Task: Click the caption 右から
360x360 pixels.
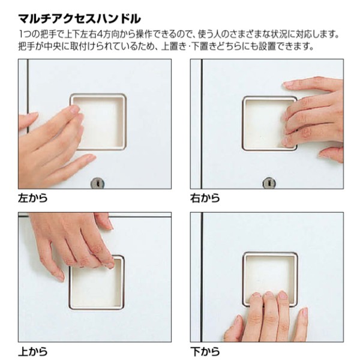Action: click(x=205, y=197)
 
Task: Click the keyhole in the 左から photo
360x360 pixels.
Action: click(x=97, y=182)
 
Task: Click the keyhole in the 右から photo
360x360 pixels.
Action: click(x=269, y=182)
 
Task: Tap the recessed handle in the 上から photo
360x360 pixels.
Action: click(x=96, y=285)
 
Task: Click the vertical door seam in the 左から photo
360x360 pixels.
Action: click(x=27, y=90)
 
